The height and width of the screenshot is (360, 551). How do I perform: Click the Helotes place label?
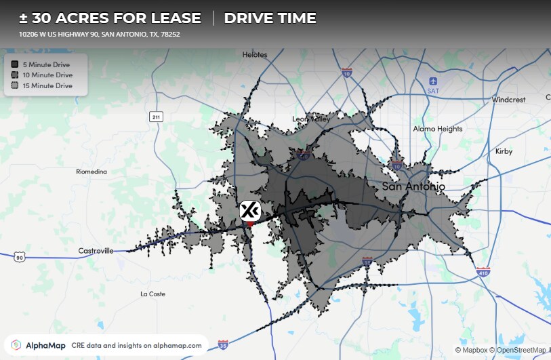pos(255,55)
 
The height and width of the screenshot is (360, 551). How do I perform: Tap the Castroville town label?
pos(96,251)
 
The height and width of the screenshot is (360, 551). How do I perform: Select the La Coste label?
pos(152,294)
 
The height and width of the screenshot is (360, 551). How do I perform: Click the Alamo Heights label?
pos(438,129)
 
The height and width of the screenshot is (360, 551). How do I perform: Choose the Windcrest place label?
pos(508,100)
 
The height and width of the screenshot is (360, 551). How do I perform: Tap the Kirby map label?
pos(504,151)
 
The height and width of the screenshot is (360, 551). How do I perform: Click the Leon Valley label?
pos(311,119)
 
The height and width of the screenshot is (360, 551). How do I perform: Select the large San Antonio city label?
pos(413,186)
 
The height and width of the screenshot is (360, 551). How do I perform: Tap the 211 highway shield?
pos(157,117)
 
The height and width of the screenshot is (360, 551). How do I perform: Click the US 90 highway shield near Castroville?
pos(20,257)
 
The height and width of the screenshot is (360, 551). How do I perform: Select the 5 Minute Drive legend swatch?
pos(14,64)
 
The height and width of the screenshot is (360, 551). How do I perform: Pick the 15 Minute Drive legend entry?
pos(47,86)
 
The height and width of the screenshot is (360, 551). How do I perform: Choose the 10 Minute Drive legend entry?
pos(47,75)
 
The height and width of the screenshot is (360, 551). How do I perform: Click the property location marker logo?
pos(250,211)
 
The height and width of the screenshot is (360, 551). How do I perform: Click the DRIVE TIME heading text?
pos(270,18)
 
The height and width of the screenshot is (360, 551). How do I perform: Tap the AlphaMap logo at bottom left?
pos(37,345)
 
